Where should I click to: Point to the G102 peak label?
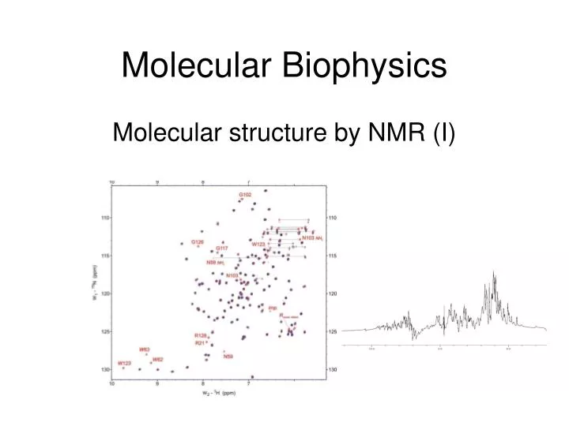(246, 195)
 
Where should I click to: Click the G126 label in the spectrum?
(198, 241)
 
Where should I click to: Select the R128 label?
(201, 335)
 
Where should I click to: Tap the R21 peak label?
(200, 343)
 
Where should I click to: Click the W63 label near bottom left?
(145, 349)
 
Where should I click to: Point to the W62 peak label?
(158, 360)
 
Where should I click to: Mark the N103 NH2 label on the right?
(312, 237)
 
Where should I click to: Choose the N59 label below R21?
(228, 357)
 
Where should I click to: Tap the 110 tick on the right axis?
(332, 218)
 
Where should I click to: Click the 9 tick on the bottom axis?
(156, 383)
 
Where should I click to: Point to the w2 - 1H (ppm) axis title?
(217, 391)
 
